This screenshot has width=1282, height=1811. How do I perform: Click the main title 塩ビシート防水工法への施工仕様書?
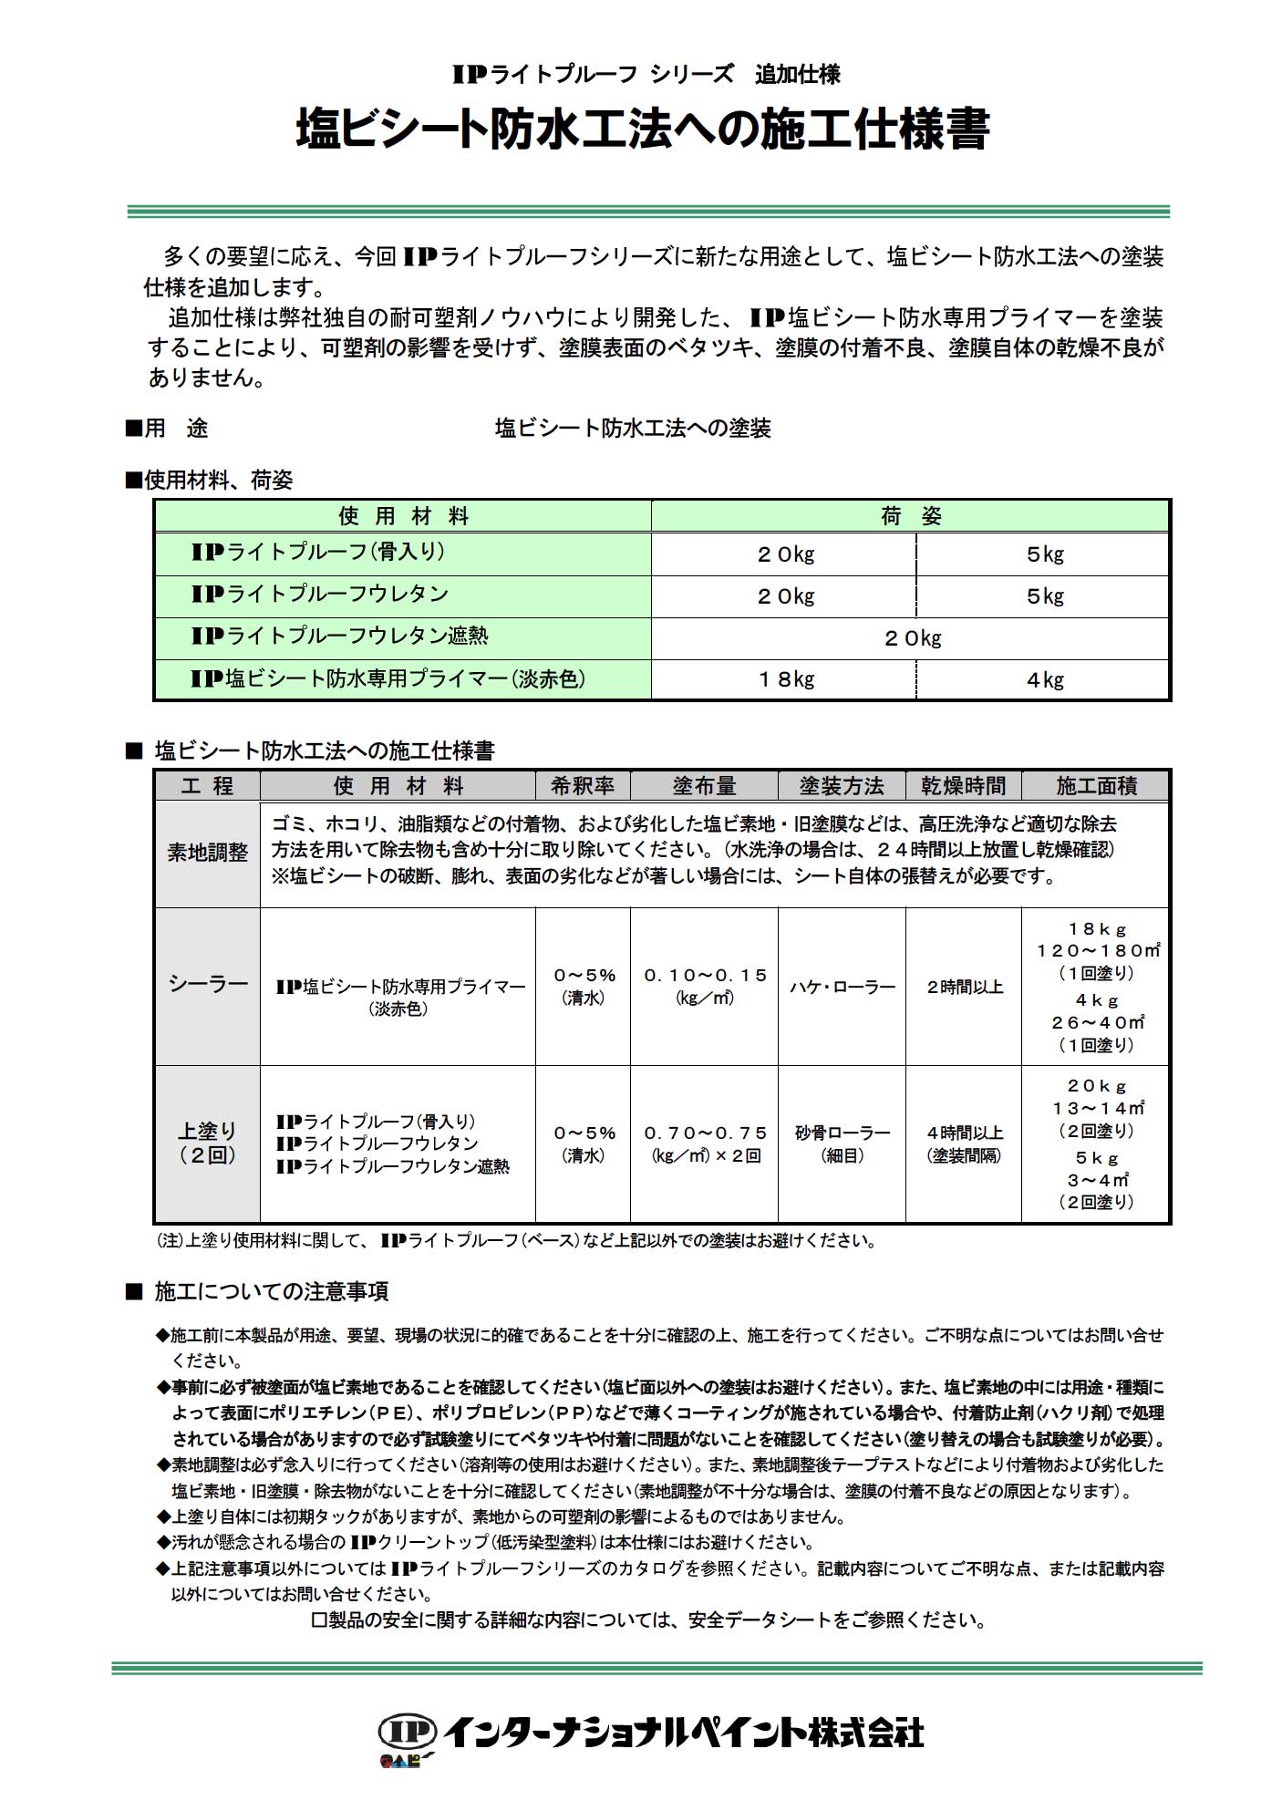[642, 130]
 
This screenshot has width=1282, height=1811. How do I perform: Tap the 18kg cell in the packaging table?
[785, 680]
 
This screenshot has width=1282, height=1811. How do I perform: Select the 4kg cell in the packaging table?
[1045, 680]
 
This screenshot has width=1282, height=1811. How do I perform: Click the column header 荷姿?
[911, 517]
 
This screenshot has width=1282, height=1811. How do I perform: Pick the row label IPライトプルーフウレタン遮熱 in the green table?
[339, 636]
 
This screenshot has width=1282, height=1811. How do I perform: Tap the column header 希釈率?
[583, 786]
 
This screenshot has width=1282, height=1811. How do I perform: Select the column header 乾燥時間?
[963, 786]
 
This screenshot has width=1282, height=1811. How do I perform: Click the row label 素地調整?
[207, 853]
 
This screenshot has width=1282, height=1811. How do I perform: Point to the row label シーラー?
[207, 985]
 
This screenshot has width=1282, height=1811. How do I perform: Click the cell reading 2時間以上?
[964, 987]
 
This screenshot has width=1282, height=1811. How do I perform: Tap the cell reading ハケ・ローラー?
[842, 987]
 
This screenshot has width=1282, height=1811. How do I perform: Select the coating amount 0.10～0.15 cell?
[705, 986]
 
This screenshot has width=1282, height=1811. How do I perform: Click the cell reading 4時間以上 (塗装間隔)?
[964, 1144]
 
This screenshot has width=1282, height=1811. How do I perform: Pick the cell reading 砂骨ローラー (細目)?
[842, 1144]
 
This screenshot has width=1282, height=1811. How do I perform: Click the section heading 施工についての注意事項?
[271, 1291]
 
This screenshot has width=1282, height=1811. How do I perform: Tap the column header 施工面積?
[1096, 786]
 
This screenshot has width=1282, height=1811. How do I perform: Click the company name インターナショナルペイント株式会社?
[685, 1732]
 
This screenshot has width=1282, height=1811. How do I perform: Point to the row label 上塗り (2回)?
[207, 1143]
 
